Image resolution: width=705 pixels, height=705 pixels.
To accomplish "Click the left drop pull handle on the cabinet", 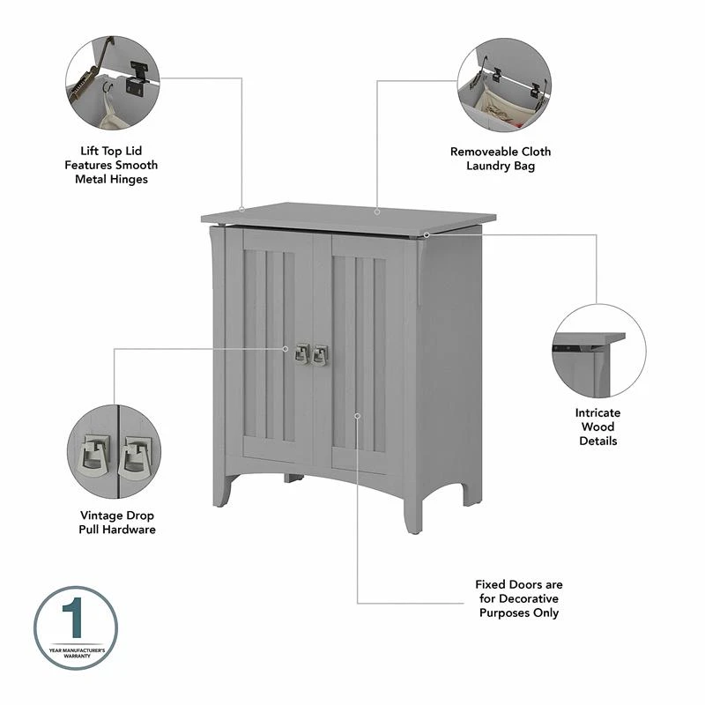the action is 302,354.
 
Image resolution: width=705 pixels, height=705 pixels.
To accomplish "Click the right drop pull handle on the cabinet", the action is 320,355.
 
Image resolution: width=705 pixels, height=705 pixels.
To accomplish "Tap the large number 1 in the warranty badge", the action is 73,618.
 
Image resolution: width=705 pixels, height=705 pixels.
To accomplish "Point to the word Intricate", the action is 597,412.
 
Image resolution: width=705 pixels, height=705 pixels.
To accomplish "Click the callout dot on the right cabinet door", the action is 357,416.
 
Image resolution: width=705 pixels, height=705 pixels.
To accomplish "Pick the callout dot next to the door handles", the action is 285,349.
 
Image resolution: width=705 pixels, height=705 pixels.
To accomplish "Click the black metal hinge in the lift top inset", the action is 136,79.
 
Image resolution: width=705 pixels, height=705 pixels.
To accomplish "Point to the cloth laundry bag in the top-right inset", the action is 503,107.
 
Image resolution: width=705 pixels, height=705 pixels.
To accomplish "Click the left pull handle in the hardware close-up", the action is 94,456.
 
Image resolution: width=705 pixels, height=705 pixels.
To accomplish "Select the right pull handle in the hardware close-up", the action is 135,457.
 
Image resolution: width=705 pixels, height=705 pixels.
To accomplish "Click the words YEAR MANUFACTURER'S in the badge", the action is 77,650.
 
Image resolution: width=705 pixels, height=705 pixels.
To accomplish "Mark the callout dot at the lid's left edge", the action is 241,209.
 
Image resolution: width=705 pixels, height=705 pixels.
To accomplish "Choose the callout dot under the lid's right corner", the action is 427,234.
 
